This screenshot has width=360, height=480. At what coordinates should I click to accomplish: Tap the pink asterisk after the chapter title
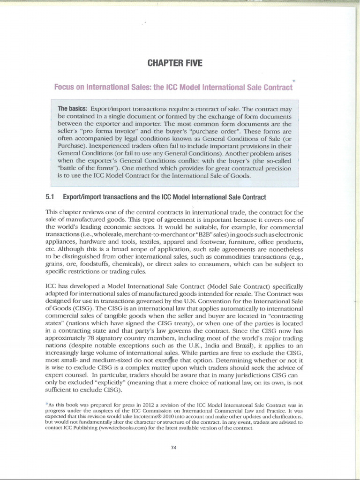click(293, 81)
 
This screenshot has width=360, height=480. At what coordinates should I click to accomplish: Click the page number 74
click(173, 448)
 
